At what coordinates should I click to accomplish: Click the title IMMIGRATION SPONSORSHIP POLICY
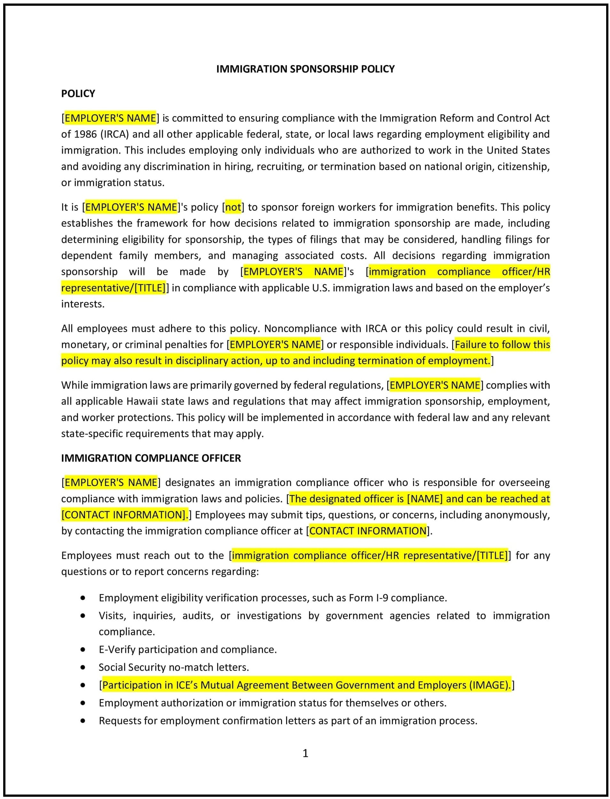pyautogui.click(x=305, y=69)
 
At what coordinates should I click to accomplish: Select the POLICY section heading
pyautogui.click(x=78, y=94)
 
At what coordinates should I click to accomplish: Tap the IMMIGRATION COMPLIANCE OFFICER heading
pyautogui.click(x=151, y=458)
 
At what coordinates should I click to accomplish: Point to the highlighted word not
pyautogui.click(x=233, y=207)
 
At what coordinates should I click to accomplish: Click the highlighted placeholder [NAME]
pyautogui.click(x=425, y=499)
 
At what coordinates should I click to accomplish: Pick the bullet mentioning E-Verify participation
pyautogui.click(x=187, y=649)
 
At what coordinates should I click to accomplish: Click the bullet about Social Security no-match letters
pyautogui.click(x=174, y=667)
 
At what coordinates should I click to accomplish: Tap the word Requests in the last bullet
pyautogui.click(x=120, y=721)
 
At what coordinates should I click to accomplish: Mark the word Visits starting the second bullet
pyautogui.click(x=112, y=616)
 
